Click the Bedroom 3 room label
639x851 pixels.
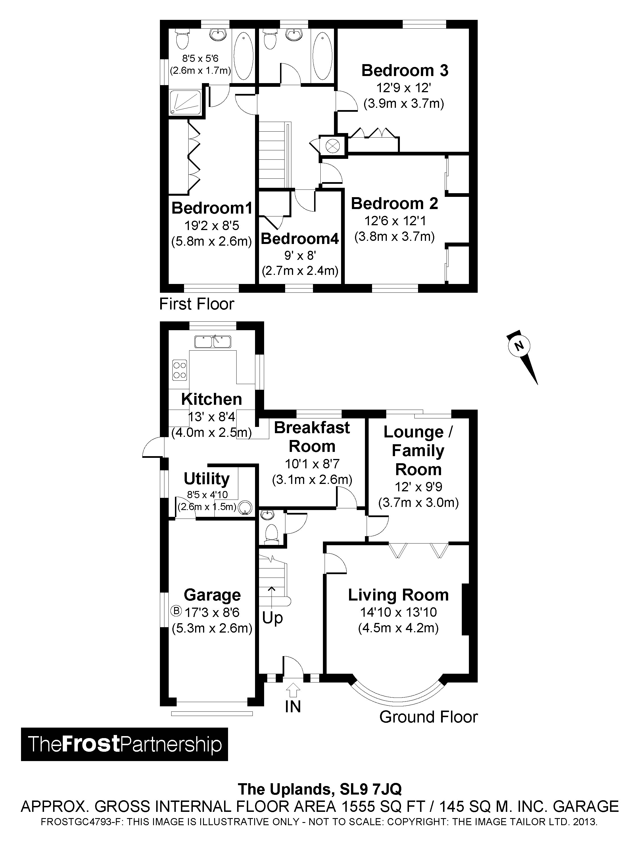[x=405, y=71]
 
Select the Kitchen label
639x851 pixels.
[x=212, y=399]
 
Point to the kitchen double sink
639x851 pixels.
[x=213, y=341]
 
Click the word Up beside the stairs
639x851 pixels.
[x=272, y=618]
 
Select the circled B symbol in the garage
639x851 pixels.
[x=176, y=610]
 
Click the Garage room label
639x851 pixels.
[x=212, y=595]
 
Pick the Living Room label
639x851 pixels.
[x=398, y=595]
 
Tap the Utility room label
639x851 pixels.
[x=206, y=479]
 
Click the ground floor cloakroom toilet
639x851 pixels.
[x=272, y=533]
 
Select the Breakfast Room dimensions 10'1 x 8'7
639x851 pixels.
[x=312, y=464]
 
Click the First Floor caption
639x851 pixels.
[x=197, y=304]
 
